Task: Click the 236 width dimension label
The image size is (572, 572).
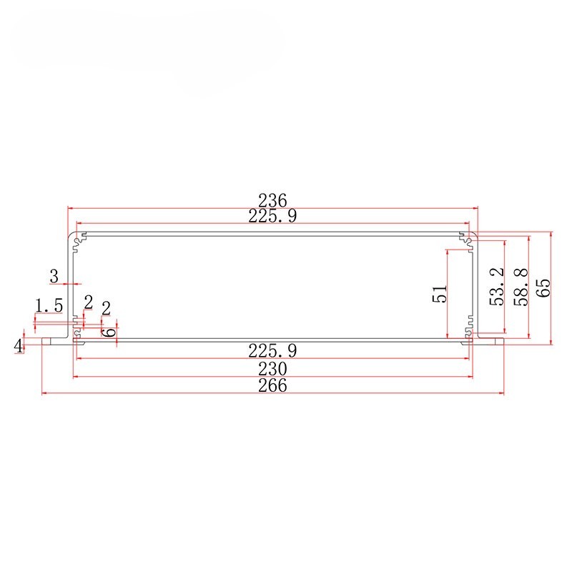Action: pyautogui.click(x=272, y=199)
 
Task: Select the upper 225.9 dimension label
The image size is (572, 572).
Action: pyautogui.click(x=272, y=216)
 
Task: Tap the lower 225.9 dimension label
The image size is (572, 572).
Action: pyautogui.click(x=272, y=350)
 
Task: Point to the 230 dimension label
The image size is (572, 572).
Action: pyautogui.click(x=272, y=368)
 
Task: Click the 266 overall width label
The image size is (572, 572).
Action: pyautogui.click(x=272, y=385)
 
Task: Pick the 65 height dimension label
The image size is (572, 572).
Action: pyautogui.click(x=543, y=287)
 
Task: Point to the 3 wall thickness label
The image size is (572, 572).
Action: pyautogui.click(x=54, y=275)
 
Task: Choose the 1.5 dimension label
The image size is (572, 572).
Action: pyautogui.click(x=49, y=305)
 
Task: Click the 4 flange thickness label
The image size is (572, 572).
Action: pyautogui.click(x=19, y=346)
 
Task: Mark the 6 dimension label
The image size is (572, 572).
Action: pyautogui.click(x=110, y=332)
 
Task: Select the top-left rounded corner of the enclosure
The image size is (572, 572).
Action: pyautogui.click(x=71, y=236)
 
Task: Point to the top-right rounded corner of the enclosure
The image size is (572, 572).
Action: pyautogui.click(x=474, y=236)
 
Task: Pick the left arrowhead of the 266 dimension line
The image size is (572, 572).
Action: pyautogui.click(x=44, y=393)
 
